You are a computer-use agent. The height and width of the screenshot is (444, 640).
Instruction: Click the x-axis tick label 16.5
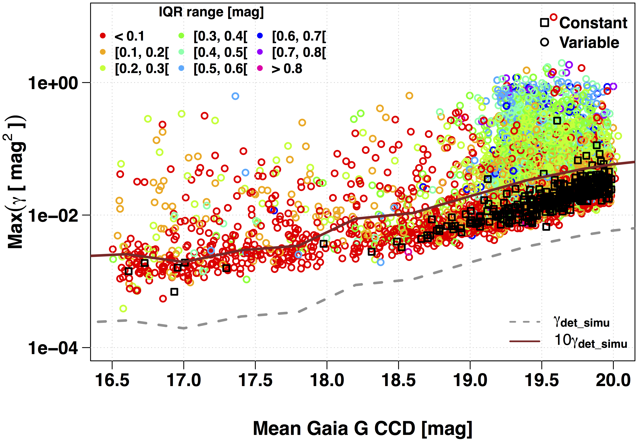pyautogui.click(x=112, y=380)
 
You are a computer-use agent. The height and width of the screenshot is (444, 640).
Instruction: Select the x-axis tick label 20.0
pyautogui.click(x=613, y=380)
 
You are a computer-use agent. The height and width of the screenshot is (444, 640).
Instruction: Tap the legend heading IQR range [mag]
pyautogui.click(x=211, y=12)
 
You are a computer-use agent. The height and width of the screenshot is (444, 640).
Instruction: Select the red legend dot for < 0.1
pyautogui.click(x=103, y=36)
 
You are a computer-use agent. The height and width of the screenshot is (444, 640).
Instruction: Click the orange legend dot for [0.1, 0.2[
pyautogui.click(x=103, y=52)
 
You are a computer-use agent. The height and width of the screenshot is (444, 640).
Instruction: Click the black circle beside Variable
pyautogui.click(x=545, y=42)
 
